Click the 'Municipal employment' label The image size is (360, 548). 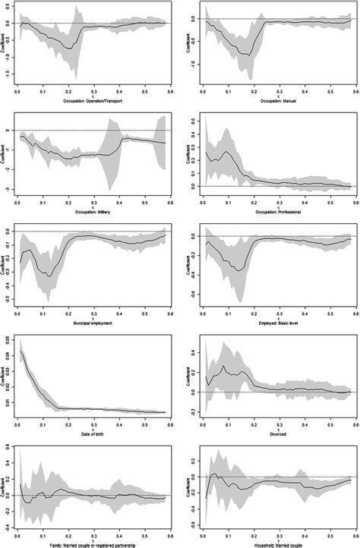[x=93, y=319]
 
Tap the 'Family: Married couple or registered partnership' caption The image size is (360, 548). [x=93, y=543]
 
